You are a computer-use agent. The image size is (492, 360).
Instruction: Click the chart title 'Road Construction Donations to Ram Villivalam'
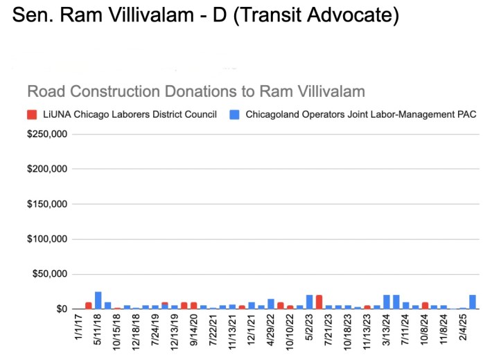pyautogui.click(x=195, y=91)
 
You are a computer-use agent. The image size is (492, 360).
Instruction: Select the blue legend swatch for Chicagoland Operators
pyautogui.click(x=233, y=114)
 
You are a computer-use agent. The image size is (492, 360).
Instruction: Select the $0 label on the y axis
pyautogui.click(x=60, y=309)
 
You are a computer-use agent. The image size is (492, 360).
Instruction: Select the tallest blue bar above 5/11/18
pyautogui.click(x=98, y=300)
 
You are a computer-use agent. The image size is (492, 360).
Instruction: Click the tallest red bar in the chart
pyautogui.click(x=319, y=302)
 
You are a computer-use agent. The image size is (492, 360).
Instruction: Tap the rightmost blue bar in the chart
pyautogui.click(x=472, y=302)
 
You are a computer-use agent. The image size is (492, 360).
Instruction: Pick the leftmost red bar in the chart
pyautogui.click(x=89, y=305)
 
